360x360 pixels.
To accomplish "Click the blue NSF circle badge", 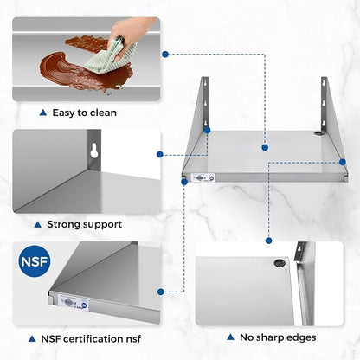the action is coord(35,261).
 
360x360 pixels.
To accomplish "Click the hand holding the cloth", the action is coord(130,35).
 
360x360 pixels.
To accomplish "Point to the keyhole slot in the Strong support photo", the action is coord(94,151).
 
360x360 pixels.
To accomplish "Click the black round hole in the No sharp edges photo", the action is coord(279,263).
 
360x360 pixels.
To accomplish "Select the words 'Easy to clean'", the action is coord(85,112).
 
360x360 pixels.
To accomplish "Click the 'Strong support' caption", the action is coord(85,224).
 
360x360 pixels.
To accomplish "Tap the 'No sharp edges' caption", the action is coord(278,337).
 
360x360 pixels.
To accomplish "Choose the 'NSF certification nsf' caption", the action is coord(91,339).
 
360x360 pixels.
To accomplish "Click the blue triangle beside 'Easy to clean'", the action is coord(43,112).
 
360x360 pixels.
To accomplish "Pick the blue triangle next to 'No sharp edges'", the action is coord(230,337).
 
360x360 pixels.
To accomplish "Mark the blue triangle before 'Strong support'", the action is coord(37,224).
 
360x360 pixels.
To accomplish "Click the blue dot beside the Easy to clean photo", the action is coord(165,54).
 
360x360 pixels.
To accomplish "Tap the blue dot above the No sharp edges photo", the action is coord(268,241).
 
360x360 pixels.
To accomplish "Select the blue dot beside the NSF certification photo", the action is coord(161,292).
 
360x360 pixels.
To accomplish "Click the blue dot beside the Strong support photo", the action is coord(160,155).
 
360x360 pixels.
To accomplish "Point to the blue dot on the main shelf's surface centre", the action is coord(265,147).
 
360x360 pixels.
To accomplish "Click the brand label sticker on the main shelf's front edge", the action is coord(203,178).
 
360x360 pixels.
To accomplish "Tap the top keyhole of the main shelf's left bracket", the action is coord(205,84).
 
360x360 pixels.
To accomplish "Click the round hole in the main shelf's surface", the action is coord(318,133).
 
